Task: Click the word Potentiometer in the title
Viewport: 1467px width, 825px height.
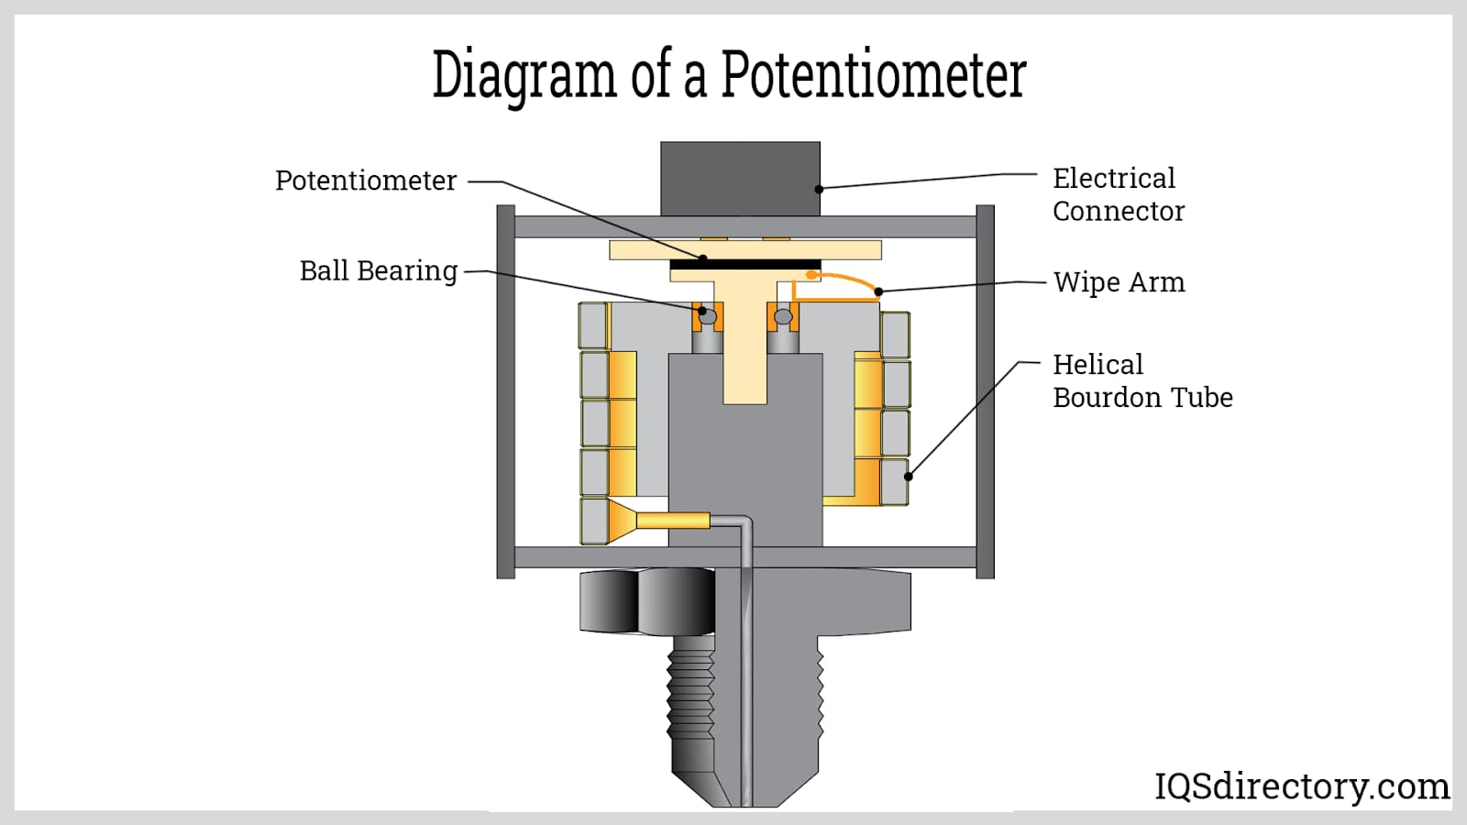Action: [x=874, y=74]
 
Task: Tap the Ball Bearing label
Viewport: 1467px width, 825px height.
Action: [x=379, y=270]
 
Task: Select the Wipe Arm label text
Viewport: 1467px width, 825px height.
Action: [x=1120, y=282]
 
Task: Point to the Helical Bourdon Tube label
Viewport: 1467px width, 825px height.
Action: [x=1142, y=380]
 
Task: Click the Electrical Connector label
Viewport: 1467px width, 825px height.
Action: [x=1119, y=194]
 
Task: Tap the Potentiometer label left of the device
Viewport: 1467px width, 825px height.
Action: [x=366, y=181]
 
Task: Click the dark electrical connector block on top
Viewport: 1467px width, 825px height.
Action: [x=740, y=179]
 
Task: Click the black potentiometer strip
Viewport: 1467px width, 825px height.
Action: [x=745, y=265]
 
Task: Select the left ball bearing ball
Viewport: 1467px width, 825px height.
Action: [x=709, y=317]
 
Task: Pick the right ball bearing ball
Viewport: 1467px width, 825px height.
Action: [x=783, y=317]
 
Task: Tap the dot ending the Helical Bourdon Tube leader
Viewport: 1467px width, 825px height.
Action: [x=909, y=477]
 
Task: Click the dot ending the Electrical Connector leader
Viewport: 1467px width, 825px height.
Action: [x=819, y=189]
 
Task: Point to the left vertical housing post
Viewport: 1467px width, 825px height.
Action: [x=505, y=391]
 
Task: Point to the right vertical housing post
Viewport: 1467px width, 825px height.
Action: [x=985, y=391]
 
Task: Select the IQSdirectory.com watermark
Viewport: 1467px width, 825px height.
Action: [x=1301, y=786]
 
